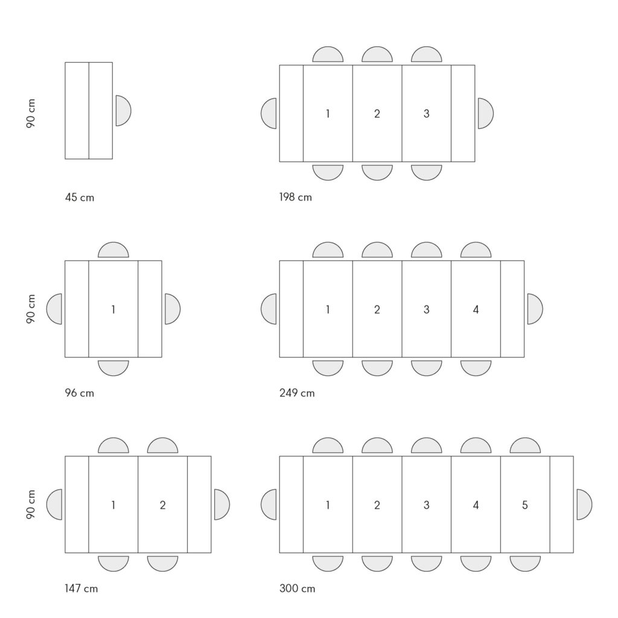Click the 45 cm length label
[x=80, y=197]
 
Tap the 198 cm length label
[x=296, y=197]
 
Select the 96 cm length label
[x=80, y=393]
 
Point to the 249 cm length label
[x=297, y=393]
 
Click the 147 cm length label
[x=81, y=588]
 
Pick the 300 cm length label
[x=298, y=588]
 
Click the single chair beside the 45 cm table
[x=123, y=111]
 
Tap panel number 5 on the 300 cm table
[x=525, y=505]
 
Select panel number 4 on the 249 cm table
[x=476, y=310]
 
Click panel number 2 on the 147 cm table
[x=163, y=505]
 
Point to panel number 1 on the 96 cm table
[x=113, y=310]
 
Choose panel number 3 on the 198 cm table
[x=427, y=113]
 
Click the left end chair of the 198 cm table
[x=269, y=113]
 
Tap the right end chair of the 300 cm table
[x=584, y=505]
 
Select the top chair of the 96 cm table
[x=113, y=250]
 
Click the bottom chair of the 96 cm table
[x=113, y=368]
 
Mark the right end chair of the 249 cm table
[x=535, y=309]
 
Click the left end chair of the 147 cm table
[x=54, y=505]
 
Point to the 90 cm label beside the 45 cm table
[x=31, y=113]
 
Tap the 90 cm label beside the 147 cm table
[x=31, y=505]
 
